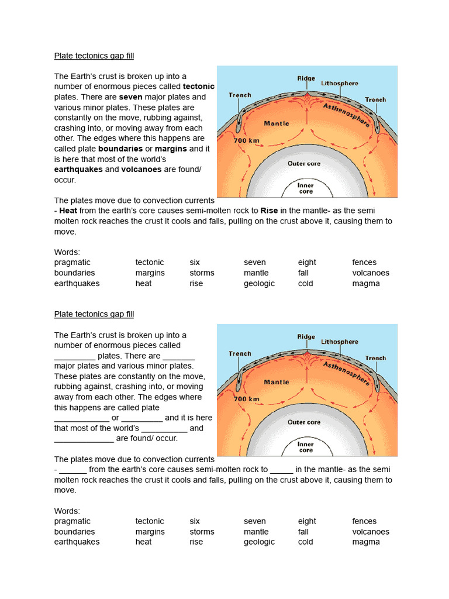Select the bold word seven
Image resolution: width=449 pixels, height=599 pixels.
click(x=132, y=97)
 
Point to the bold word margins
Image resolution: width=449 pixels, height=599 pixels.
click(x=171, y=149)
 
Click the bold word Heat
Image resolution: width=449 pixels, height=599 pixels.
click(x=68, y=211)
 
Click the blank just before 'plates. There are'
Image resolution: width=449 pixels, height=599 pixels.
click(x=75, y=356)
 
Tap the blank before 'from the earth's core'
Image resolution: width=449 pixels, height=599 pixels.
click(x=73, y=470)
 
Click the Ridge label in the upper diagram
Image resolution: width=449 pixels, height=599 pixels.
click(x=306, y=77)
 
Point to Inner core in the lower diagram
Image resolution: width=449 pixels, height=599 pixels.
click(x=306, y=447)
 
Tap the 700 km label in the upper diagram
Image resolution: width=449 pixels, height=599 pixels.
click(x=246, y=141)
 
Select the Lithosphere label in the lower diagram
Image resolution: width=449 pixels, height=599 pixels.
click(x=340, y=342)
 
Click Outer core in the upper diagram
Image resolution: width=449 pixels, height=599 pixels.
click(x=303, y=164)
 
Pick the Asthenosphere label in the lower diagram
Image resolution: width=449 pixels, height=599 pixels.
click(x=346, y=373)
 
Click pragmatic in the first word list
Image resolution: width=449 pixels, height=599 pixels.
click(x=72, y=263)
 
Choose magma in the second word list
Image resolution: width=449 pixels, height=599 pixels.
click(x=366, y=542)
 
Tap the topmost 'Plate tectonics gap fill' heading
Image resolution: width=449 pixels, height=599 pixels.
click(x=94, y=56)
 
